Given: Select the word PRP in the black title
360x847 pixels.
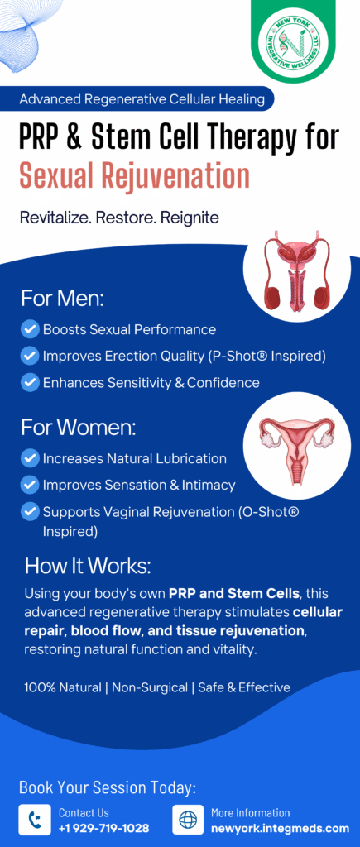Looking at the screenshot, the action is click(42, 136).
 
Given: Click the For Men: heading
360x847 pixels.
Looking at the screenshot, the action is click(63, 299).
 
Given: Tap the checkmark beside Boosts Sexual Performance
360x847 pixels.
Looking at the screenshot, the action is click(29, 329).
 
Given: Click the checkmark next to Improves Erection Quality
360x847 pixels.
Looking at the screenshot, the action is click(29, 356).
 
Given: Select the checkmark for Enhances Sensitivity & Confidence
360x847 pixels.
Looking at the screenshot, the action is click(29, 382).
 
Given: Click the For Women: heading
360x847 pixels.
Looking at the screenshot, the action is click(79, 428).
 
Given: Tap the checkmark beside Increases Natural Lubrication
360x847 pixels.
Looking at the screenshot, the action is click(29, 458).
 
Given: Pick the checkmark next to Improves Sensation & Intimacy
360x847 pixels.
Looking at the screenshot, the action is click(29, 485).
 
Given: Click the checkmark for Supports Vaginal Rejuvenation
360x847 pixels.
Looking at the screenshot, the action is click(29, 511).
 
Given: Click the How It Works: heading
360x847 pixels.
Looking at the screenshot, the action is click(88, 566).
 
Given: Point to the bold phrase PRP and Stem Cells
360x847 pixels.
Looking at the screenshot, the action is click(233, 593).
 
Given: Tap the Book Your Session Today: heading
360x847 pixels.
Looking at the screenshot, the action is click(108, 787).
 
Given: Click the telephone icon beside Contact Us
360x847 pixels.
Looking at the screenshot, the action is click(35, 820).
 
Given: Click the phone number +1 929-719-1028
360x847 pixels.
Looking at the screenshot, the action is click(103, 828).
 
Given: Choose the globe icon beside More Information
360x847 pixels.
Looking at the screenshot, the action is click(188, 820).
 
